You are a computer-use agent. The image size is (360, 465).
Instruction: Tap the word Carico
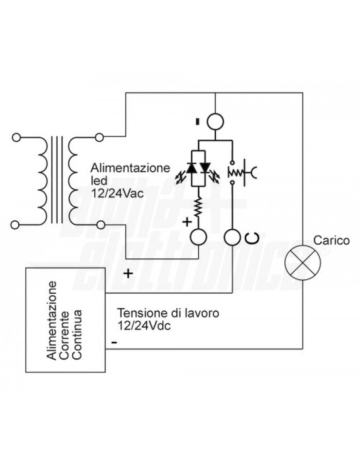click(x=331, y=240)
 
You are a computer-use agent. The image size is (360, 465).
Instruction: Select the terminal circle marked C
click(x=232, y=237)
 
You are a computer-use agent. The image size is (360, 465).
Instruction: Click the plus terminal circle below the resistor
click(x=198, y=237)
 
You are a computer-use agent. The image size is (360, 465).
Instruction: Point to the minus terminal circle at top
click(x=215, y=122)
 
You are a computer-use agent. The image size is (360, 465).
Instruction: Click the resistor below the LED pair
click(x=198, y=207)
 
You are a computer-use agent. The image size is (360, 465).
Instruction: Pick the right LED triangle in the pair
click(x=206, y=167)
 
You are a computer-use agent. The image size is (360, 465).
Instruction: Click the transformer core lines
click(x=57, y=180)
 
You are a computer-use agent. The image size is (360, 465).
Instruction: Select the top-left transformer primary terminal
click(x=15, y=137)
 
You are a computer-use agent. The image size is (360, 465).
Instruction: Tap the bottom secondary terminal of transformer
click(x=101, y=225)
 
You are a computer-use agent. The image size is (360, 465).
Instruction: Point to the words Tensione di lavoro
click(x=168, y=313)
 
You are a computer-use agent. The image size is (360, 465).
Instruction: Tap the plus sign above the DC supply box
click(x=128, y=273)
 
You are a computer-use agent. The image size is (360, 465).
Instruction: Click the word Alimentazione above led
click(x=130, y=168)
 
